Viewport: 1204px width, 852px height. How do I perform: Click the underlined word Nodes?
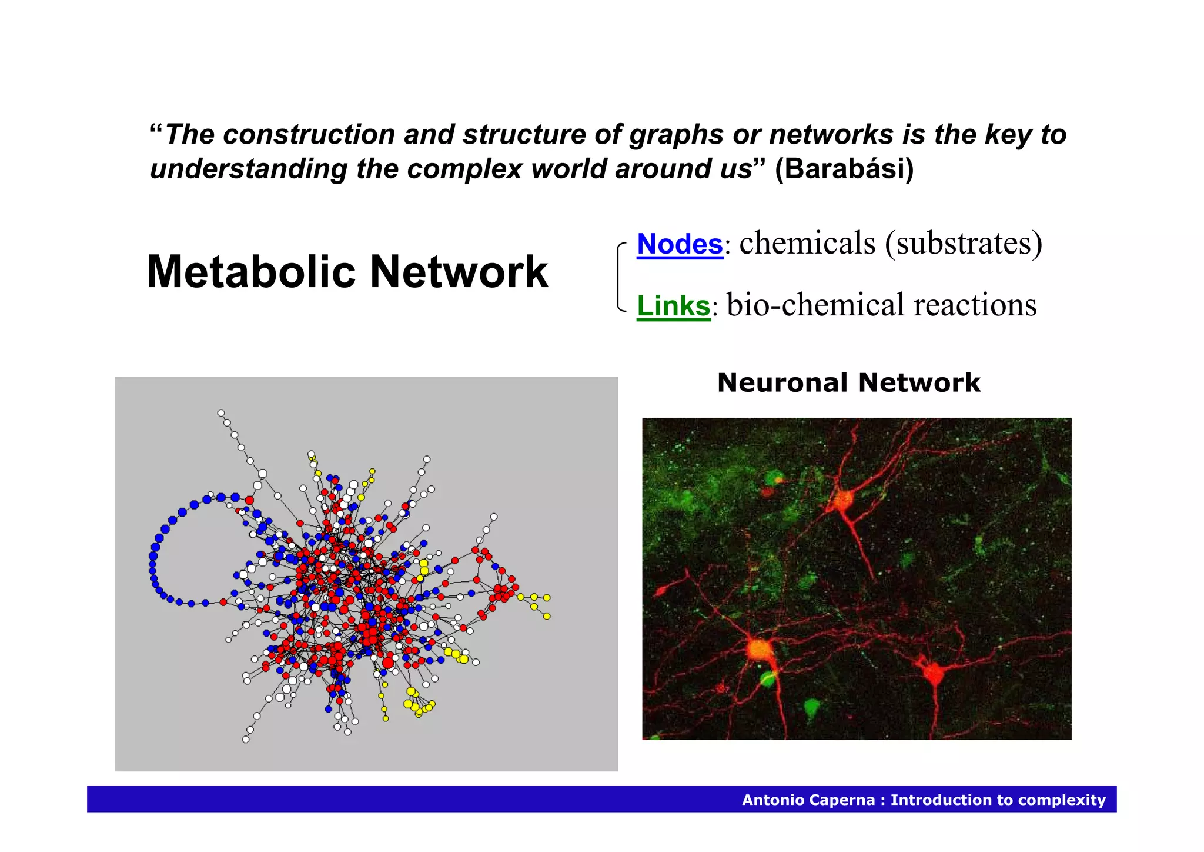click(x=680, y=244)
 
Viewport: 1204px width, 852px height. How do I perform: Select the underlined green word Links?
click(x=674, y=306)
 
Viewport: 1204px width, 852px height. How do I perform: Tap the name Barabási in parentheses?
click(x=844, y=169)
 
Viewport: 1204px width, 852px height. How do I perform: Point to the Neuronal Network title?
click(x=848, y=383)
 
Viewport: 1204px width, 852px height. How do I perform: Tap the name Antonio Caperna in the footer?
click(x=808, y=800)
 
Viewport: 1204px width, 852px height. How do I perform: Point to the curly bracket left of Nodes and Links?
click(x=620, y=277)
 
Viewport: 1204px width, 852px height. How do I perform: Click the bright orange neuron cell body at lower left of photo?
click(x=758, y=650)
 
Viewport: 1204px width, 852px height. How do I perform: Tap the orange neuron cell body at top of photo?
click(x=842, y=501)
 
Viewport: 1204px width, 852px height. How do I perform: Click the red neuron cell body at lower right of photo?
click(x=933, y=672)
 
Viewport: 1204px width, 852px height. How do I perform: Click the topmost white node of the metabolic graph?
click(x=221, y=413)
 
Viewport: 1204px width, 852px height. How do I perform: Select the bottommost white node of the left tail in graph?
click(x=246, y=740)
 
